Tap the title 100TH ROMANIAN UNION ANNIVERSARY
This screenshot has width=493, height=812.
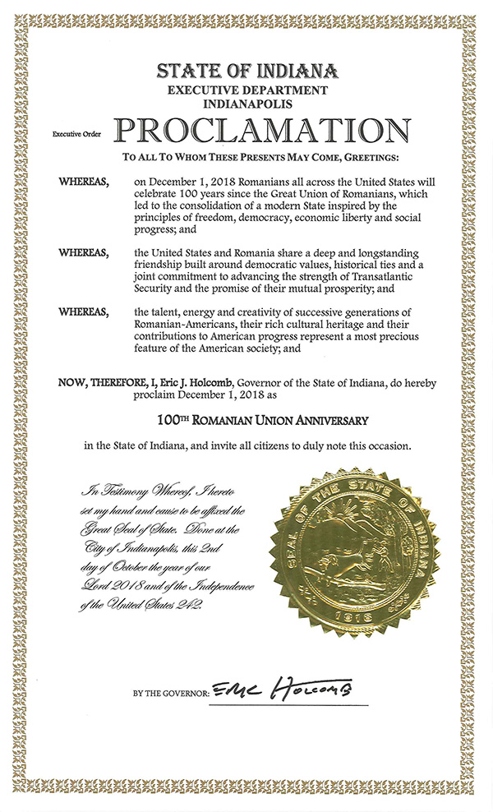coord(261,420)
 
